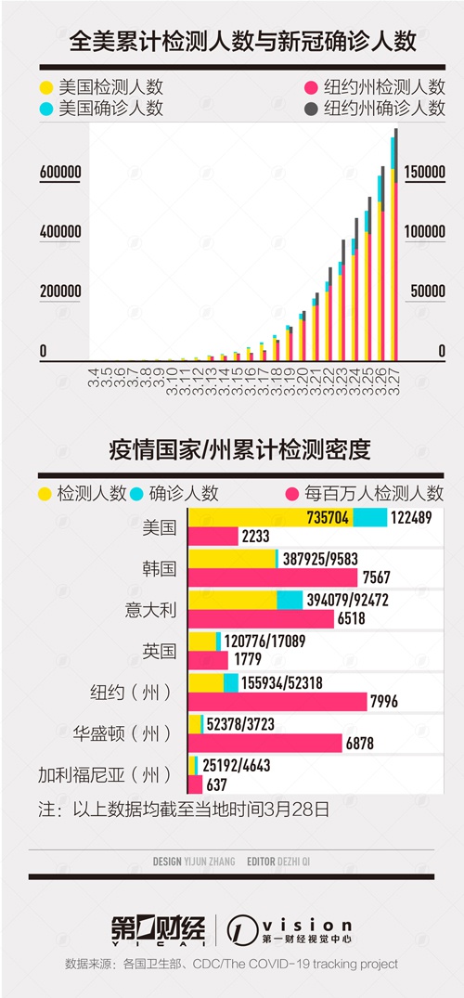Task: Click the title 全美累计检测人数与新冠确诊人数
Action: click(x=242, y=42)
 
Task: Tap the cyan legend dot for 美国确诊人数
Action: click(x=45, y=109)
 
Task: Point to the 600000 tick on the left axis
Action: click(x=60, y=173)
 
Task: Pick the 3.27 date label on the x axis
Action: click(x=394, y=380)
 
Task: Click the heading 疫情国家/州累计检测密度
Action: click(x=240, y=450)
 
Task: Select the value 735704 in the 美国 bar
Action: click(x=328, y=518)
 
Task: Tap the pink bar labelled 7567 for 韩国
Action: click(x=274, y=577)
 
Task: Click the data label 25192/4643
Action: click(x=237, y=765)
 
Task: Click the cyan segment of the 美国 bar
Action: click(x=369, y=518)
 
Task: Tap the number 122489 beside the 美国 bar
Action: click(x=411, y=518)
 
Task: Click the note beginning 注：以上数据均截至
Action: click(x=184, y=809)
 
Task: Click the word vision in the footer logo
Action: click(x=307, y=925)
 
